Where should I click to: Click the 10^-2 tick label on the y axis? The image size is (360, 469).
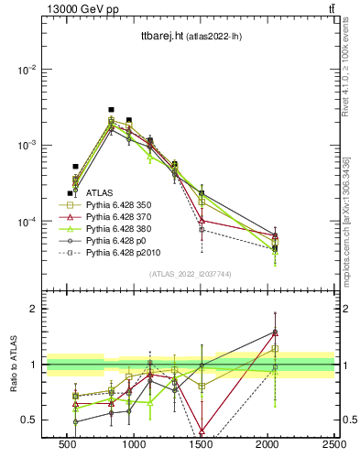pyautogui.click(x=25, y=70)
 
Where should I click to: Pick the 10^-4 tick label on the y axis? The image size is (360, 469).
pyautogui.click(x=25, y=222)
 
